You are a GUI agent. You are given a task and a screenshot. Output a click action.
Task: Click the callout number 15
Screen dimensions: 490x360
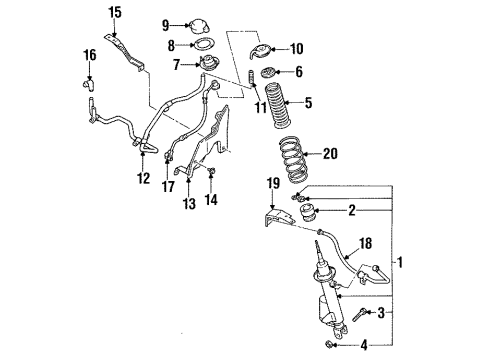point(115,13)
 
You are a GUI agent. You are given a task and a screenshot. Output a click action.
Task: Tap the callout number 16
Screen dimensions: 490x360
point(90,55)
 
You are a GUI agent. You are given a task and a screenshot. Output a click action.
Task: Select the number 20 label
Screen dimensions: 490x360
point(330,154)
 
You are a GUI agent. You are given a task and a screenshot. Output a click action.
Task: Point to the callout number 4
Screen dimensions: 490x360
point(364,345)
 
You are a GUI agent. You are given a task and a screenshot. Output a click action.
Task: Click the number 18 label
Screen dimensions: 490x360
point(366,243)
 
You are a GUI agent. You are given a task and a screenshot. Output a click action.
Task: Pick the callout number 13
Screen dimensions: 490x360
point(189,203)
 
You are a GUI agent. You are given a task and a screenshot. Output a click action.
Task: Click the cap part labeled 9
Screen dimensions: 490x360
point(198,26)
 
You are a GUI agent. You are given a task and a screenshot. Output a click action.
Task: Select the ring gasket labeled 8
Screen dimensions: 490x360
point(203,45)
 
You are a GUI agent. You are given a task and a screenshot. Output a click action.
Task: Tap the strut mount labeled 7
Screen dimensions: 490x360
point(209,63)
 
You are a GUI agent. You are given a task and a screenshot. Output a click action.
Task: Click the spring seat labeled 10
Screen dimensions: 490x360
point(260,51)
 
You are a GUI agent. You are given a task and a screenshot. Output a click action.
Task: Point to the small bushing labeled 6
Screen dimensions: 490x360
point(268,73)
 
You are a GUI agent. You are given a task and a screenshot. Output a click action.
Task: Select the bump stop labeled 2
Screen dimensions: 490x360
point(308,213)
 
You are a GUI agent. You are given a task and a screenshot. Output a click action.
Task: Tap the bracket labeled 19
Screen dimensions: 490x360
point(279,218)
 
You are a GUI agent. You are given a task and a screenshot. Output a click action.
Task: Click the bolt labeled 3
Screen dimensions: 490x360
point(360,314)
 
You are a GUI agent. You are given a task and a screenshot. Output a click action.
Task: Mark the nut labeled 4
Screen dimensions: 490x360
point(329,344)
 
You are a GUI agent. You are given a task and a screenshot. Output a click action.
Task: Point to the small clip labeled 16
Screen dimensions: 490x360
point(89,84)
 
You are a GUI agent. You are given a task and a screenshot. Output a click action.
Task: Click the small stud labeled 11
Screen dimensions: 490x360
point(251,78)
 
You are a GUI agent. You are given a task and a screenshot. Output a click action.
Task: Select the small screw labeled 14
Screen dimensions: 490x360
point(211,171)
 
